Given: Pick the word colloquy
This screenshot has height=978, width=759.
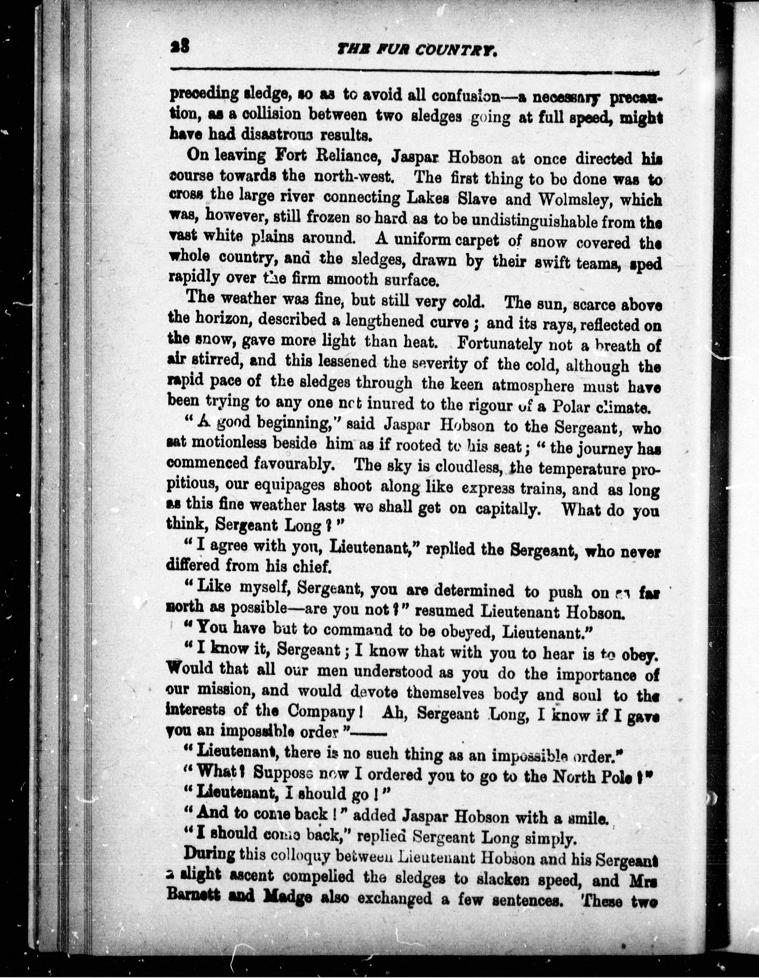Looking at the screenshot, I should tap(294, 855).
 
